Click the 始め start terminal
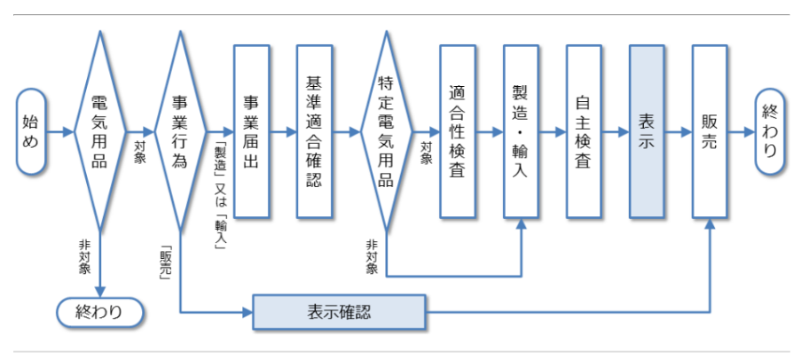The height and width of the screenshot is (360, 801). click(31, 132)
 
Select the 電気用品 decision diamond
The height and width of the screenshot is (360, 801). click(100, 132)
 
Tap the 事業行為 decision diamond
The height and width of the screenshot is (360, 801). click(179, 132)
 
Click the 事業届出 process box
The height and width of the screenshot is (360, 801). click(251, 132)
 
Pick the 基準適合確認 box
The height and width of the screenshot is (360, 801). click(314, 132)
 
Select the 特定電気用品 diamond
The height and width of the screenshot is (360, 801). click(386, 132)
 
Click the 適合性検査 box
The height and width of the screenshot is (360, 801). click(458, 132)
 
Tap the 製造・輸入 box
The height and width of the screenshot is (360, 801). click(521, 132)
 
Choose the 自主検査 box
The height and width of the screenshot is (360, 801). click(583, 132)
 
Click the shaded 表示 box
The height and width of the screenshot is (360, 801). click(647, 132)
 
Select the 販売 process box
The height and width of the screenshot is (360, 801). click(710, 132)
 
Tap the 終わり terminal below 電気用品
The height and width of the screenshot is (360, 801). click(99, 311)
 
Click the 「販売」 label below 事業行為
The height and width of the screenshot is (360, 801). click(165, 259)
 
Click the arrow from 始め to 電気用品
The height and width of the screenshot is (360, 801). click(60, 132)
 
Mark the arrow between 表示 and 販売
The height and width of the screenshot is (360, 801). click(678, 132)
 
